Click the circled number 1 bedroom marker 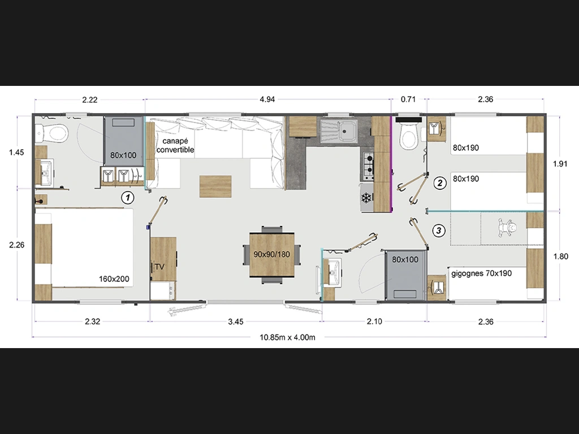click(x=128, y=197)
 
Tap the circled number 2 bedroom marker click(x=439, y=183)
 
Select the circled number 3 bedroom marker click(x=439, y=231)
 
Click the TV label click(x=159, y=267)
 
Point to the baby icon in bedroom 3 click(x=507, y=228)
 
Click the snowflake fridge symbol click(x=366, y=198)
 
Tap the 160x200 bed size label click(x=114, y=279)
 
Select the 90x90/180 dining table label click(x=272, y=254)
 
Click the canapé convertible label click(x=175, y=145)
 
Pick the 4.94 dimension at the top click(x=267, y=99)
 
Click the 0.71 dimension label click(x=408, y=99)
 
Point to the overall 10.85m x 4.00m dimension click(x=287, y=337)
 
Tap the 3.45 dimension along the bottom click(x=236, y=322)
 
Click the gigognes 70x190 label click(x=482, y=274)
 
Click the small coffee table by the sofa click(x=215, y=186)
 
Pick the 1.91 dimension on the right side click(x=560, y=164)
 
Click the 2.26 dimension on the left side click(x=17, y=245)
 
